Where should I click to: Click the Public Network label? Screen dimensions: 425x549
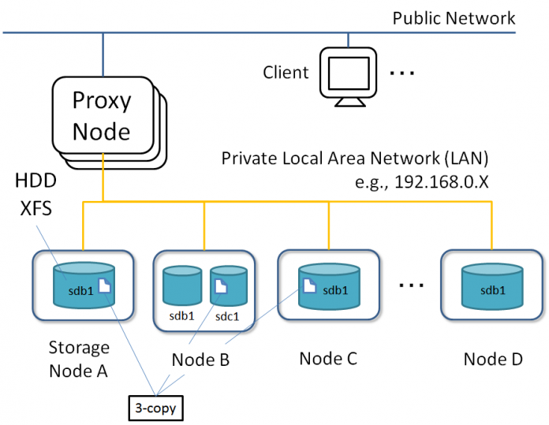(454, 17)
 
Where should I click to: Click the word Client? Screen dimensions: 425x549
(286, 73)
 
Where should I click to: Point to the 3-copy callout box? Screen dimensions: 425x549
(156, 408)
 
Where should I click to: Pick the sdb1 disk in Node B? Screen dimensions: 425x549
(182, 288)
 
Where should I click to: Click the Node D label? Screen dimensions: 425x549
(493, 359)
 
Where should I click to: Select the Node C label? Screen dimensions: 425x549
(328, 359)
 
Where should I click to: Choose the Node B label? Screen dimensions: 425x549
(200, 360)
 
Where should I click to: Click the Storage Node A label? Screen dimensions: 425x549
(79, 359)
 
